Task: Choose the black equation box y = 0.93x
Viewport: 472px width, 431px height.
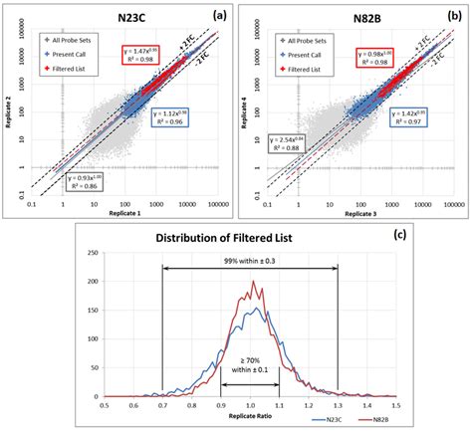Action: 91,181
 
